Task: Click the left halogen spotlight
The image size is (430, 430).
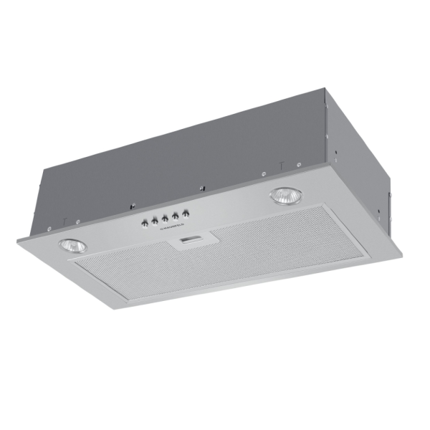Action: click(72, 245)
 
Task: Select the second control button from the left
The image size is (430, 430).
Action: click(155, 221)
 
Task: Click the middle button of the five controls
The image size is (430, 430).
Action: click(166, 219)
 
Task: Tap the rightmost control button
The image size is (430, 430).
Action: click(186, 214)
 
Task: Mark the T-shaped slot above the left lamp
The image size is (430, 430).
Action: click(65, 220)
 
